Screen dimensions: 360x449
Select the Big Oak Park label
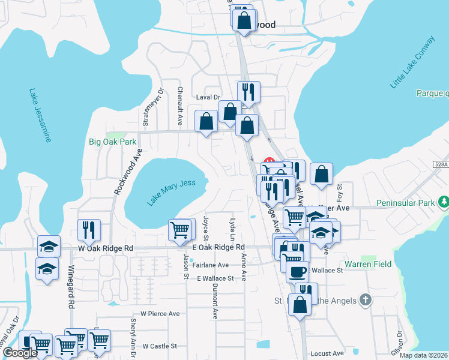[x=112, y=142]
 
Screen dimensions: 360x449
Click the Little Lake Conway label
[x=412, y=62]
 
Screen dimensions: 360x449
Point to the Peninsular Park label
[x=405, y=203]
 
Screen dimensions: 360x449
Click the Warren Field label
[x=368, y=264]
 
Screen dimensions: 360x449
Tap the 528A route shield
[x=441, y=164]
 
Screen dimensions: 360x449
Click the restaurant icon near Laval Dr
[x=249, y=92]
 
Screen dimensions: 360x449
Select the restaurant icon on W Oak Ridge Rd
[x=89, y=230]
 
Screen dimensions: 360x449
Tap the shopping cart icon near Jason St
[x=181, y=229]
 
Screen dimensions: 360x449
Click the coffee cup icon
[x=297, y=272]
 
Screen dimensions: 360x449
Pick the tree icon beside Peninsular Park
[x=443, y=202]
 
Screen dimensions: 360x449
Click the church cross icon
[x=365, y=300]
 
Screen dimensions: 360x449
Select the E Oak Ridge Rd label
[x=218, y=247]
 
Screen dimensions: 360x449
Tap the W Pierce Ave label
[x=160, y=313]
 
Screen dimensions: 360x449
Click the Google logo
[x=20, y=353]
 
